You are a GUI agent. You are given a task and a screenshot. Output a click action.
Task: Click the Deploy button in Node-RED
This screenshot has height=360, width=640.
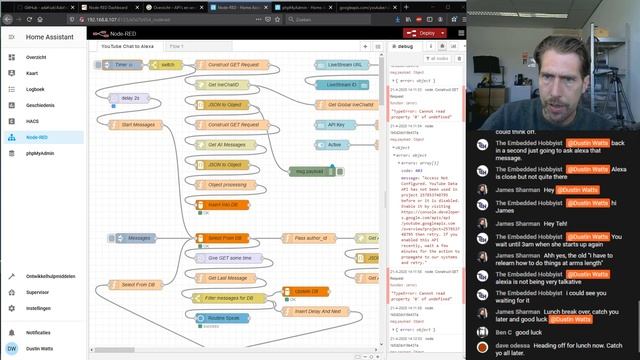pyautogui.click(x=425, y=32)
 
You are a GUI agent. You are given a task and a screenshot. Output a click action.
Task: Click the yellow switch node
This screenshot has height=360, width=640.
pyautogui.click(x=166, y=65)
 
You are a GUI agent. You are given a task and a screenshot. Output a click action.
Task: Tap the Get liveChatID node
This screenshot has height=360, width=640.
pyautogui.click(x=231, y=84)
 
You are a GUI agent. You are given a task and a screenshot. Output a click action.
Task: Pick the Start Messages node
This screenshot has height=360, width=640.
pyautogui.click(x=138, y=124)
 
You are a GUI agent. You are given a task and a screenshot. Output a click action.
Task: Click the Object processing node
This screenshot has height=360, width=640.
pyautogui.click(x=228, y=184)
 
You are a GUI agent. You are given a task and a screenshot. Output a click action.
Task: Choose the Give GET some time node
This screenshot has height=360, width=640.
pyautogui.click(x=231, y=258)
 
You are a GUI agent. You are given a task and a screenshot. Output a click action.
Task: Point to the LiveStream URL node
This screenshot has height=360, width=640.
pyautogui.click(x=344, y=65)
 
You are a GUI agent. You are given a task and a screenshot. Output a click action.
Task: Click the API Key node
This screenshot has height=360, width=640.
pyautogui.click(x=337, y=124)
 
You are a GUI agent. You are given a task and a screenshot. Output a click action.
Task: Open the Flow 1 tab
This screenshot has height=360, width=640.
pyautogui.click(x=176, y=46)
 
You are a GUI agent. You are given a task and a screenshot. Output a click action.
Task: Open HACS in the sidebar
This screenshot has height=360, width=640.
pyautogui.click(x=34, y=120)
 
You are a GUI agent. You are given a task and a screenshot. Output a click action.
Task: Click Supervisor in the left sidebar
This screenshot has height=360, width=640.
pyautogui.click(x=38, y=292)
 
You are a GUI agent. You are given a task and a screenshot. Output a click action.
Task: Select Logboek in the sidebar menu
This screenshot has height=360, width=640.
pyautogui.click(x=36, y=88)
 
